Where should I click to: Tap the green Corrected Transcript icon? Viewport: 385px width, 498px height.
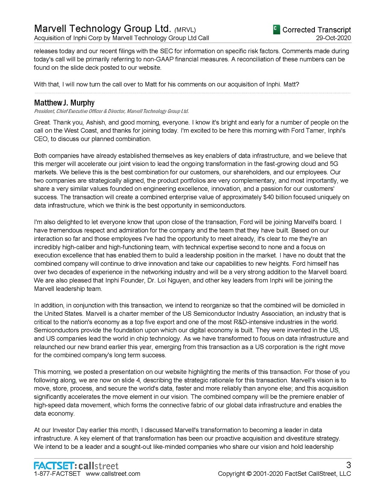[x=276, y=30]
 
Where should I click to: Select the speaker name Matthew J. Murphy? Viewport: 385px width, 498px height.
[x=64, y=103]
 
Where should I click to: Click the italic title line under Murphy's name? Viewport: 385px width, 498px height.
[x=111, y=111]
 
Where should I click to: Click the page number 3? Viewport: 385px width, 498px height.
[x=348, y=465]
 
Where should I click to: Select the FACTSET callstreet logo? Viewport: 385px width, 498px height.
[x=76, y=465]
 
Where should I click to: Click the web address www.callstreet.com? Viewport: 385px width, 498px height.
[x=113, y=474]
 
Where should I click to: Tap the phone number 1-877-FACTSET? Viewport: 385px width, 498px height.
[x=57, y=474]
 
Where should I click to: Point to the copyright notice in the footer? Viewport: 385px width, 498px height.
[x=284, y=474]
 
